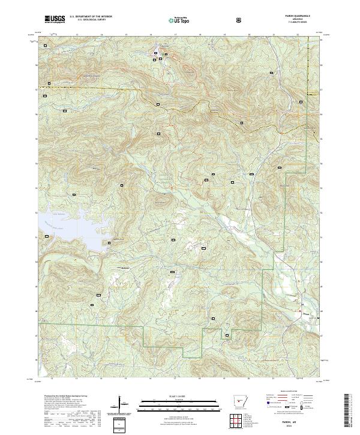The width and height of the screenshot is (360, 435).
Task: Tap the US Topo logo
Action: pos(172,20)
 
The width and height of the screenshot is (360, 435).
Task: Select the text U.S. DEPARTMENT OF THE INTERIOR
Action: pos(92,17)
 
